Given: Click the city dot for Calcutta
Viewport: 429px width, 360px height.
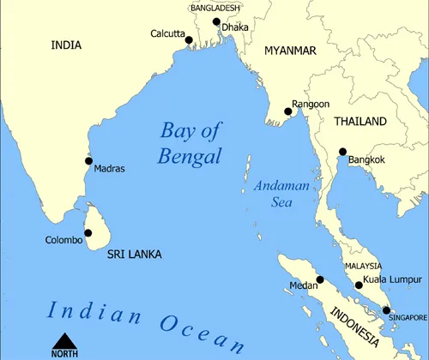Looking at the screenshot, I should pyautogui.click(x=189, y=39).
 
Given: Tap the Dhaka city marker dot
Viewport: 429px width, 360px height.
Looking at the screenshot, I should pyautogui.click(x=216, y=21).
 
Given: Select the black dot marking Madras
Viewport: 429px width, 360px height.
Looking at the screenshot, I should pyautogui.click(x=88, y=160).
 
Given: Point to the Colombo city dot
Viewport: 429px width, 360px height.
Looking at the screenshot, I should pyautogui.click(x=88, y=232).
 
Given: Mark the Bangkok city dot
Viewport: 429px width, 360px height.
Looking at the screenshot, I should pyautogui.click(x=342, y=152).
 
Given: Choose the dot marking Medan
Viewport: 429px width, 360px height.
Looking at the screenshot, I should pyautogui.click(x=319, y=279).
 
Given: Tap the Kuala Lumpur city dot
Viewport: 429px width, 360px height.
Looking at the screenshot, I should pyautogui.click(x=359, y=285).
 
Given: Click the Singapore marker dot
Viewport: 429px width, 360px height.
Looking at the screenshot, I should pyautogui.click(x=386, y=310).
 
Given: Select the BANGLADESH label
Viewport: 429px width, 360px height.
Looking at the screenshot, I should pyautogui.click(x=215, y=8).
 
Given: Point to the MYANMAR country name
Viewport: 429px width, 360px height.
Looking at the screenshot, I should pyautogui.click(x=290, y=51).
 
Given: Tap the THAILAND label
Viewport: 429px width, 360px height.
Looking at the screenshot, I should pyautogui.click(x=360, y=122).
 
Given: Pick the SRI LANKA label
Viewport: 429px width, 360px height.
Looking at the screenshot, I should pyautogui.click(x=134, y=255).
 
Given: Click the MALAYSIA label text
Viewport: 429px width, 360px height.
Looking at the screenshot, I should pyautogui.click(x=363, y=267).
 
